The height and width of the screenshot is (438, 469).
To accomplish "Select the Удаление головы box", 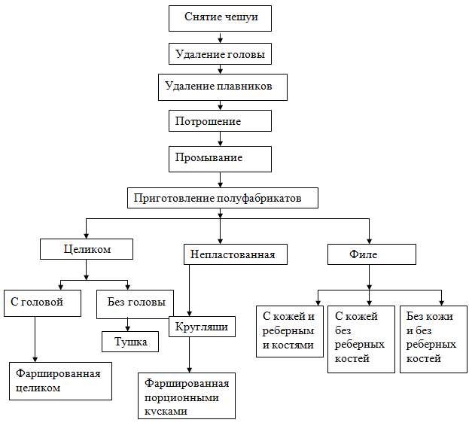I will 220,54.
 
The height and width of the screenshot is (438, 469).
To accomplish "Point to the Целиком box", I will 87,248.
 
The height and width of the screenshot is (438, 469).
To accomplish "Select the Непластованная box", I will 229,254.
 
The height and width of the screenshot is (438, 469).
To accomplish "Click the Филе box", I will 371,254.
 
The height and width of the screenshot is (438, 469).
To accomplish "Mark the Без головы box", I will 135,303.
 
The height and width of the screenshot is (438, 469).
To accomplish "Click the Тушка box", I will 130,342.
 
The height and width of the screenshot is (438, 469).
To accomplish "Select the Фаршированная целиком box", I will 60,381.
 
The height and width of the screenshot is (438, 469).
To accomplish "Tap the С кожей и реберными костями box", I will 290,331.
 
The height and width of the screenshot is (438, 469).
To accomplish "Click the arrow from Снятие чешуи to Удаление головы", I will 220,37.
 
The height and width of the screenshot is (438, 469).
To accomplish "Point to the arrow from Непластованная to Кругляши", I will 189,290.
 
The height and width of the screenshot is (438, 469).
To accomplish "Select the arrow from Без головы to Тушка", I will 128,324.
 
